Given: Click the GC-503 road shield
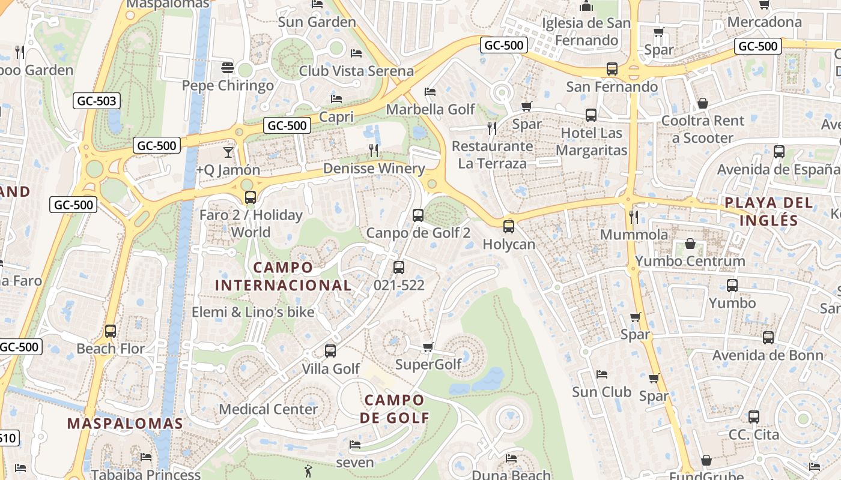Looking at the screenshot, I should [x=97, y=101].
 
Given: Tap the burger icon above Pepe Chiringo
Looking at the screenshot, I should [x=228, y=67].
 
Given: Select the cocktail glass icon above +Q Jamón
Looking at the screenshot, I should [x=228, y=152].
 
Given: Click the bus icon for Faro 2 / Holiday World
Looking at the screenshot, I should [x=250, y=197].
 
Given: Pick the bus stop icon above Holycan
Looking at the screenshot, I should [x=509, y=226].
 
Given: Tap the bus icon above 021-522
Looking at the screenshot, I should [x=399, y=268].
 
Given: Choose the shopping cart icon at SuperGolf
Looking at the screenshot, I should [x=428, y=347].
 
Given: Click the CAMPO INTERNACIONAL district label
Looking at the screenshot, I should [x=283, y=276].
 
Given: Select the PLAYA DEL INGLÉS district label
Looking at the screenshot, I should [x=768, y=211].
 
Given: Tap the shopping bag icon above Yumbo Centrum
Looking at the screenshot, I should [x=690, y=244].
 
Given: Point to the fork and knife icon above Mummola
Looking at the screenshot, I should [x=634, y=216].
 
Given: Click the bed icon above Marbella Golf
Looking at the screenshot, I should [x=430, y=92].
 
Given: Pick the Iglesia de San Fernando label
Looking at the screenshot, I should [x=587, y=31].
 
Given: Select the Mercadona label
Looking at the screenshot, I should [x=764, y=22].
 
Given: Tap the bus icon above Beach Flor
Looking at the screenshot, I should [x=111, y=331].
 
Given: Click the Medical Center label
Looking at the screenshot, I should [x=268, y=409].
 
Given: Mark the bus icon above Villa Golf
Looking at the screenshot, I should [x=330, y=350].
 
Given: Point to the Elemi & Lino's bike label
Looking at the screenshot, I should [x=253, y=312].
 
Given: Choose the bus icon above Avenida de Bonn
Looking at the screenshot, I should [x=768, y=337].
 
